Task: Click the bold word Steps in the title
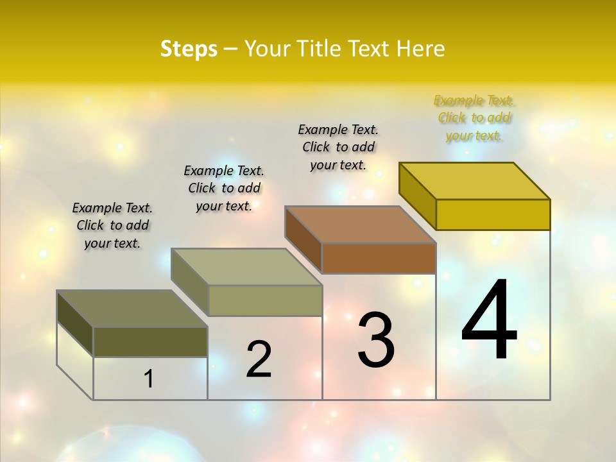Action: [x=189, y=49]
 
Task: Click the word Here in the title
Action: [x=420, y=49]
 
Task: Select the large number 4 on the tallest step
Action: [x=489, y=321]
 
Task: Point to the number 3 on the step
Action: [x=376, y=340]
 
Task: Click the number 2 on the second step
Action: [x=259, y=359]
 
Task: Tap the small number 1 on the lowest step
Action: [x=149, y=379]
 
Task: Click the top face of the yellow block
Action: [x=475, y=181]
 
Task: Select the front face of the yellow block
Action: [x=493, y=214]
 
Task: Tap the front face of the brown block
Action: [x=379, y=258]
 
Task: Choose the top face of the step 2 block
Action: [x=246, y=267]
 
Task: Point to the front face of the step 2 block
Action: [x=265, y=300]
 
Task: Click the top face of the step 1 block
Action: [x=132, y=309]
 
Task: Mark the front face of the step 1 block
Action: [x=150, y=341]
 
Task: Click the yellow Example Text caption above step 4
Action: [x=474, y=118]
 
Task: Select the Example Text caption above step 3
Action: [x=338, y=147]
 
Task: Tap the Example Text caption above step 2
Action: [x=224, y=188]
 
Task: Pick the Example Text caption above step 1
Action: [x=112, y=225]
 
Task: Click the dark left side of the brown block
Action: [x=303, y=238]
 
